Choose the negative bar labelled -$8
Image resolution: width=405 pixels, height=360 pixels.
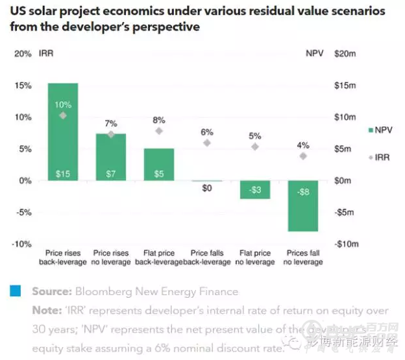pos(303,206)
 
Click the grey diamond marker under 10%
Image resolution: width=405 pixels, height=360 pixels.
pos(63,115)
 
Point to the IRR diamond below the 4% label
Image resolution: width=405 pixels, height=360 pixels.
pos(303,156)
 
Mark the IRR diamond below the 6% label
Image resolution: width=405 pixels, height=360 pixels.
pos(207,143)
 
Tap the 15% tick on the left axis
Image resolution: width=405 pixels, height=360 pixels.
pos(23,86)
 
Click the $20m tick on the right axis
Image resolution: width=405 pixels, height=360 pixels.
pos(344,54)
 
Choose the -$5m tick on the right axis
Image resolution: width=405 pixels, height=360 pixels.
pos(344,212)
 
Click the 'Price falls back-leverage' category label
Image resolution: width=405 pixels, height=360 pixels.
pos(207,258)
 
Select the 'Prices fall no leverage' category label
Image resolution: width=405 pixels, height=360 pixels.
pos(303,258)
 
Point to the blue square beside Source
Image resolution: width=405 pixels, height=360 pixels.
pos(15,291)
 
